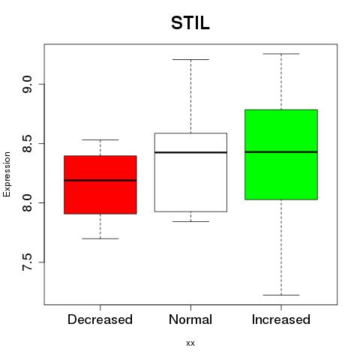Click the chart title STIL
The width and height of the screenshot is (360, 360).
tap(190, 23)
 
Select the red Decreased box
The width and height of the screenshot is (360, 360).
tap(100, 184)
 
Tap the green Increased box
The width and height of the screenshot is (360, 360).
tap(281, 154)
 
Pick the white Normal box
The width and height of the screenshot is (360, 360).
tap(190, 172)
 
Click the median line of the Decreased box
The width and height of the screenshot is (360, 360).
tap(100, 180)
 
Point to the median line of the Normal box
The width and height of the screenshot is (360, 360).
tap(190, 152)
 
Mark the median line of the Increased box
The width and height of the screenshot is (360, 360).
tap(281, 151)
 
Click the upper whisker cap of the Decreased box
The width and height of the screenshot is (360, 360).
tap(100, 139)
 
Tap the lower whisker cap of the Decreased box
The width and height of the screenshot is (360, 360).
tap(100, 238)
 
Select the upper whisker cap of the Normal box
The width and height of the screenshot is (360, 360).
tap(190, 59)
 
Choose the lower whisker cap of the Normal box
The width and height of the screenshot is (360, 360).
tap(190, 221)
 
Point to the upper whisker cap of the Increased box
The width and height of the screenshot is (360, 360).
tap(281, 54)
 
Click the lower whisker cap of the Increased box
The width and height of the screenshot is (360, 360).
tap(281, 295)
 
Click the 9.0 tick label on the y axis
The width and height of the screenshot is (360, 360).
tap(27, 84)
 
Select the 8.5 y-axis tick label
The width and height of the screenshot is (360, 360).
tap(27, 143)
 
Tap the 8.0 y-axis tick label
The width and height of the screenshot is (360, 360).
tap(27, 202)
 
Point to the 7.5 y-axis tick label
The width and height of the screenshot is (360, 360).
tap(27, 262)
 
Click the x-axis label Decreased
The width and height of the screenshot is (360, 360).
tap(100, 319)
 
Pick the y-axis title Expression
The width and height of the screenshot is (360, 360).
tap(7, 174)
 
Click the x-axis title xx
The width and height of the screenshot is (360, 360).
tap(190, 343)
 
